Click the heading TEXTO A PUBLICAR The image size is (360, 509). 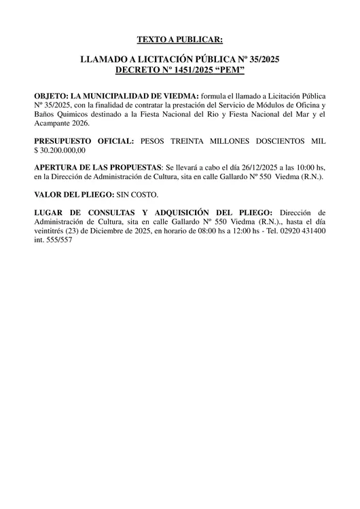(180, 40)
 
